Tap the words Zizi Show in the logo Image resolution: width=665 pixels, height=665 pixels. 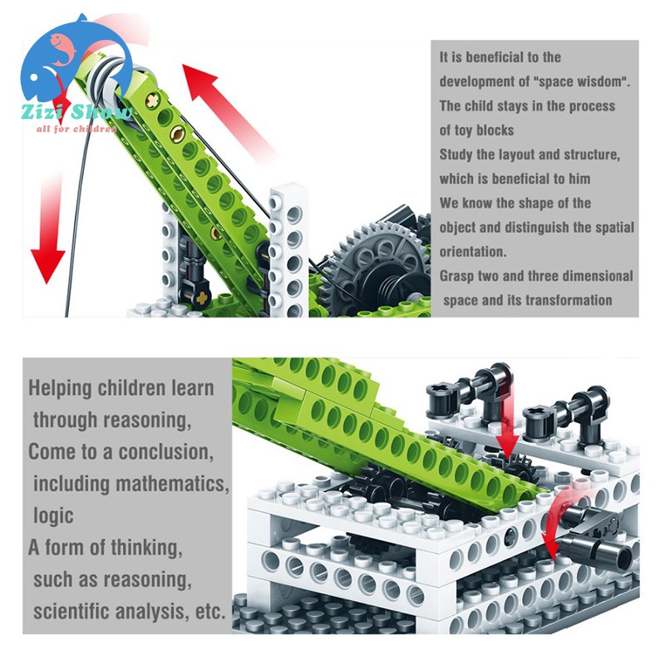(x=76, y=112)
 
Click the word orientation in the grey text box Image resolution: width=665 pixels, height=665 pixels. (x=472, y=252)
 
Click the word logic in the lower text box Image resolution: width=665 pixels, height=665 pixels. (x=53, y=515)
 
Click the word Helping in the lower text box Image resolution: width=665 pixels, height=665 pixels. (x=60, y=388)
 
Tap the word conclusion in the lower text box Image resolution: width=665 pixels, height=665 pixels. (x=165, y=451)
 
